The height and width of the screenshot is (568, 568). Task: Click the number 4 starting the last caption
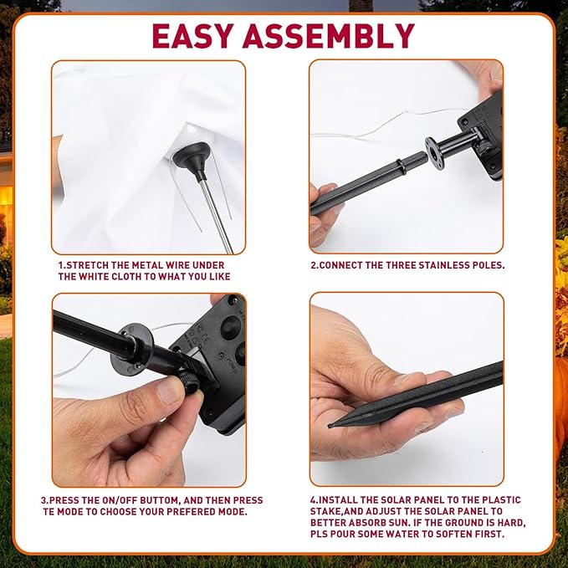[313, 499]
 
